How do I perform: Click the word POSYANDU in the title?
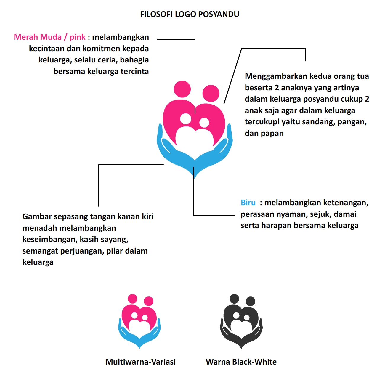[219, 14]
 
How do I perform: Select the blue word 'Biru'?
[248, 203]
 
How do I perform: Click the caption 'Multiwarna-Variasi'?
[140, 362]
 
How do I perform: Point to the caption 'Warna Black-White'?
[241, 362]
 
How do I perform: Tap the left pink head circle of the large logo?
[182, 89]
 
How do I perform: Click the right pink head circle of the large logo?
[211, 94]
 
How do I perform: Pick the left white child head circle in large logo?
[186, 119]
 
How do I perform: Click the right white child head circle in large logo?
[204, 123]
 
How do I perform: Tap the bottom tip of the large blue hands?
[195, 178]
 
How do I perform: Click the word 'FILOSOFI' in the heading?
[156, 14]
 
